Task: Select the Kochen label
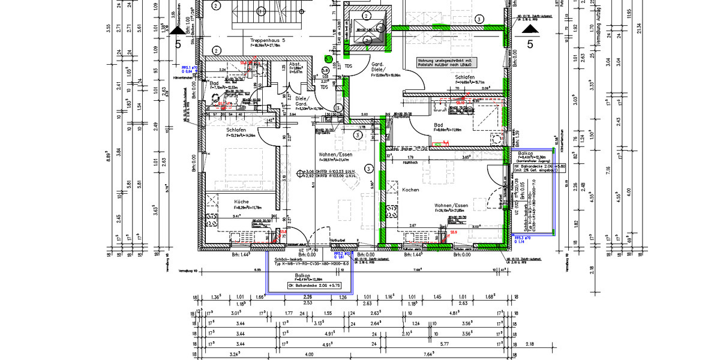point(410,190)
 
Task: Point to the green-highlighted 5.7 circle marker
point(328,59)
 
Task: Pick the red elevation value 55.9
point(454,232)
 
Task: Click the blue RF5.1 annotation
point(190,68)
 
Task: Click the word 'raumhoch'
point(410,162)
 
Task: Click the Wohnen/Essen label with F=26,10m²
point(451,205)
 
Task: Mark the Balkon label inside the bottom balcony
point(302,275)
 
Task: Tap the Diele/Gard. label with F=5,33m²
point(301,103)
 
